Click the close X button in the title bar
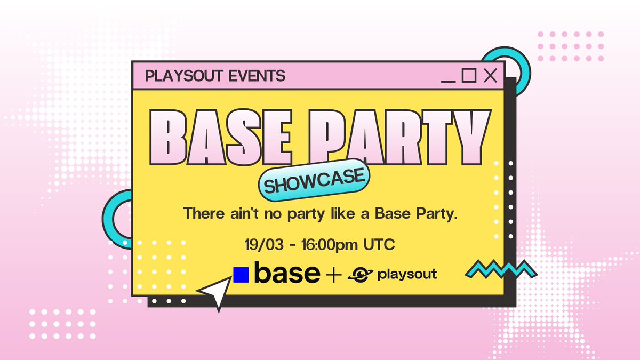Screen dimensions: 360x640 pyautogui.click(x=490, y=76)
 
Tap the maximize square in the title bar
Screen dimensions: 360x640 pyautogui.click(x=468, y=76)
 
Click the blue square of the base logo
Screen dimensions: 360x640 pyautogui.click(x=241, y=275)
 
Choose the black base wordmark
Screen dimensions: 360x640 pyautogui.click(x=287, y=274)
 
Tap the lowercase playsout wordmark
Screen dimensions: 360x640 pyautogui.click(x=407, y=275)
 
